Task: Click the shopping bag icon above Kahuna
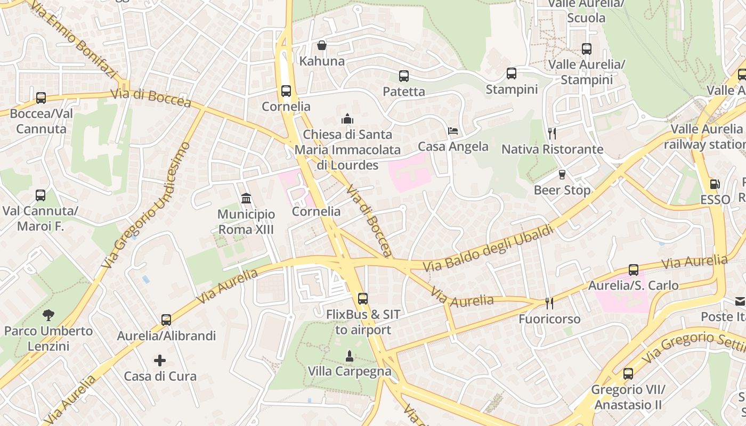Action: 322,45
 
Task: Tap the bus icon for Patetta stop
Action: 404,76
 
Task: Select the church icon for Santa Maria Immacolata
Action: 347,118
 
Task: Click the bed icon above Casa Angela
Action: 453,130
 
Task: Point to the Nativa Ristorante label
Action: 552,149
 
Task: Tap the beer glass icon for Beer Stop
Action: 562,175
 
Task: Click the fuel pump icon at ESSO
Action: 715,184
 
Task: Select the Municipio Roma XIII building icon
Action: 246,199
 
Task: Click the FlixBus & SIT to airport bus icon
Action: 363,299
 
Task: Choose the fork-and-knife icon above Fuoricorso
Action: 549,304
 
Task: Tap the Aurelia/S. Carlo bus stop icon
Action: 634,270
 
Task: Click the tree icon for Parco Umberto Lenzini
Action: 48,315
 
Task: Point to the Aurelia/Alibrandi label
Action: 166,336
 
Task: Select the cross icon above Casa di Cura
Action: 160,361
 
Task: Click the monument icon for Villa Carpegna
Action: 349,356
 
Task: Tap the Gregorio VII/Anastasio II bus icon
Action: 628,374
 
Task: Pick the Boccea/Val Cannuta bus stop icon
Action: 41,98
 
